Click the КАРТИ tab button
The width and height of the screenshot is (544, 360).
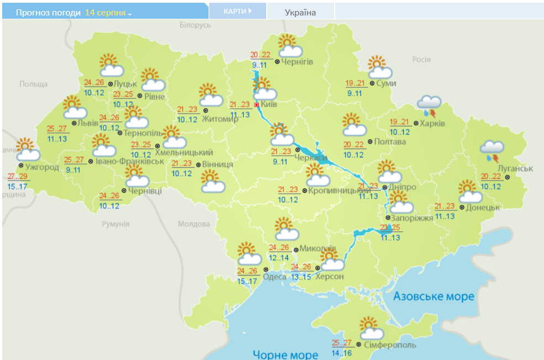(237, 11)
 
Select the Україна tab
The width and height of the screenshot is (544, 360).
(300, 12)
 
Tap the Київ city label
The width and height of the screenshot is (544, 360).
(270, 104)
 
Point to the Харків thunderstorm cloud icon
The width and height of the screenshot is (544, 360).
(429, 105)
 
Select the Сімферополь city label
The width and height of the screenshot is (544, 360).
(390, 345)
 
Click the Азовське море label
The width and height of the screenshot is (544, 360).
(434, 297)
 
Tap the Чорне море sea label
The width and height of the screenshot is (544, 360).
(286, 354)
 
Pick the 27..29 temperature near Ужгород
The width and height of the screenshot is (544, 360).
(18, 177)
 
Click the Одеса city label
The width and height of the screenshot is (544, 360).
(274, 277)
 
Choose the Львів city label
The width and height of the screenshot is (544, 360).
(88, 123)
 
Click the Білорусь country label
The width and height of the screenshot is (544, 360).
(195, 25)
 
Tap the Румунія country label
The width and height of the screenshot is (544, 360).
(115, 224)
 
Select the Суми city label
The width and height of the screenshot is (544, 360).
(386, 83)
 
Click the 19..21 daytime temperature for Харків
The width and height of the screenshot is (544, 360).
(400, 122)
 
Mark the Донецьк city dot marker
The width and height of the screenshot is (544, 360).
(461, 208)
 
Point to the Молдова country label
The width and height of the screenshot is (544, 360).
(194, 224)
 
